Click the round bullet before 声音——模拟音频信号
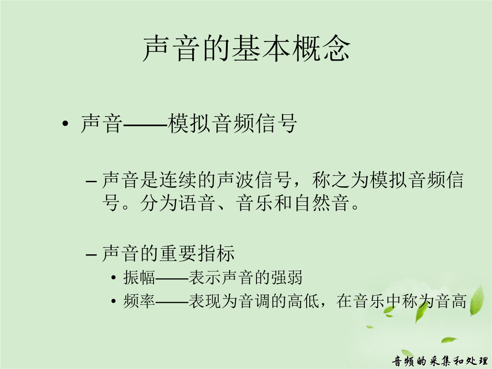65,123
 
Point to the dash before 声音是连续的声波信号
91,181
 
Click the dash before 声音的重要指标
91,254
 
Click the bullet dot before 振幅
113,278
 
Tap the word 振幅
139,277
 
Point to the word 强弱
287,277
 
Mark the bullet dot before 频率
113,301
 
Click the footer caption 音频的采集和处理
440,361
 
